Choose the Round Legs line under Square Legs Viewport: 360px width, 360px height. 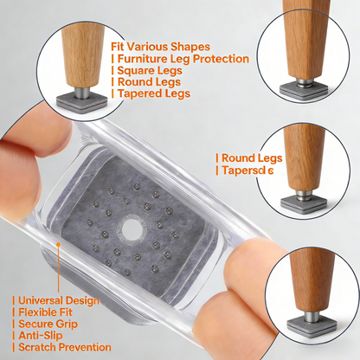148,82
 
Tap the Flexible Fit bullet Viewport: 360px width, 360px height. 45,312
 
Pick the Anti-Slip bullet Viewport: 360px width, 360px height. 41,337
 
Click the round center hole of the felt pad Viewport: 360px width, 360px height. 132,229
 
